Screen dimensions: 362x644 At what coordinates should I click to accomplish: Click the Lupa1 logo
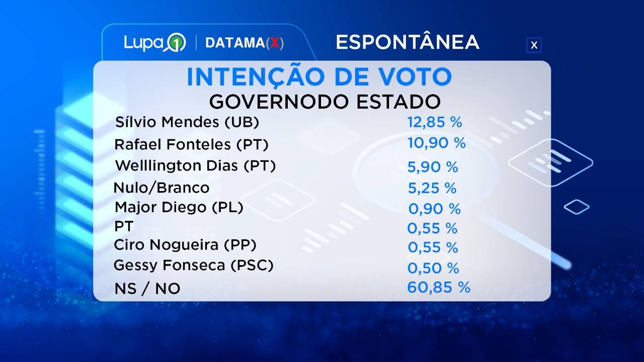(x=155, y=43)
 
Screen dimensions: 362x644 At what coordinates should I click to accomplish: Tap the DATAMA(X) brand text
(x=245, y=43)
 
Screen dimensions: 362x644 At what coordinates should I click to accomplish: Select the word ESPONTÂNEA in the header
(x=407, y=42)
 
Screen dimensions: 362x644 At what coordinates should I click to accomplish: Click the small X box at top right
(x=534, y=45)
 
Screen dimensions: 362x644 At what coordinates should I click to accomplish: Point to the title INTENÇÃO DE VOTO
(x=319, y=77)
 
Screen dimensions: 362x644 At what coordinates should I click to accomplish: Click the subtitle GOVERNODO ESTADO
(x=325, y=102)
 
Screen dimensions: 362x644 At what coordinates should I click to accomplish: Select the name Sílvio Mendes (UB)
(x=187, y=122)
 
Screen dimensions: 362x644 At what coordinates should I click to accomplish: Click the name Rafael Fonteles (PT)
(x=192, y=145)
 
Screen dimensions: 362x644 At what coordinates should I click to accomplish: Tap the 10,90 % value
(x=437, y=143)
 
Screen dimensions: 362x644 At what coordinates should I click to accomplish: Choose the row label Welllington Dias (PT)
(x=195, y=165)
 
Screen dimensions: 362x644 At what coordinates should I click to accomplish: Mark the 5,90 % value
(x=433, y=167)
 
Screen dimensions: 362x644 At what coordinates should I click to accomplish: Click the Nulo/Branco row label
(x=162, y=188)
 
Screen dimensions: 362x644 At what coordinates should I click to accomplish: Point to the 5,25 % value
(x=432, y=188)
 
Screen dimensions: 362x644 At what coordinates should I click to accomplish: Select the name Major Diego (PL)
(x=179, y=207)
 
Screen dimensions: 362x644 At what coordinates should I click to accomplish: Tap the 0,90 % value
(x=434, y=209)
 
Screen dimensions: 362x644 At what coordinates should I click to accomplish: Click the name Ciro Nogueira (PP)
(x=186, y=245)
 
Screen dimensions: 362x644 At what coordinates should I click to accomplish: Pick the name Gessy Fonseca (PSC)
(x=194, y=265)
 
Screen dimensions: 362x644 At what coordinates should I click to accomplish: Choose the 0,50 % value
(x=433, y=267)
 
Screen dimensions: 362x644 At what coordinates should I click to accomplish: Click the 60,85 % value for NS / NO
(x=439, y=288)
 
